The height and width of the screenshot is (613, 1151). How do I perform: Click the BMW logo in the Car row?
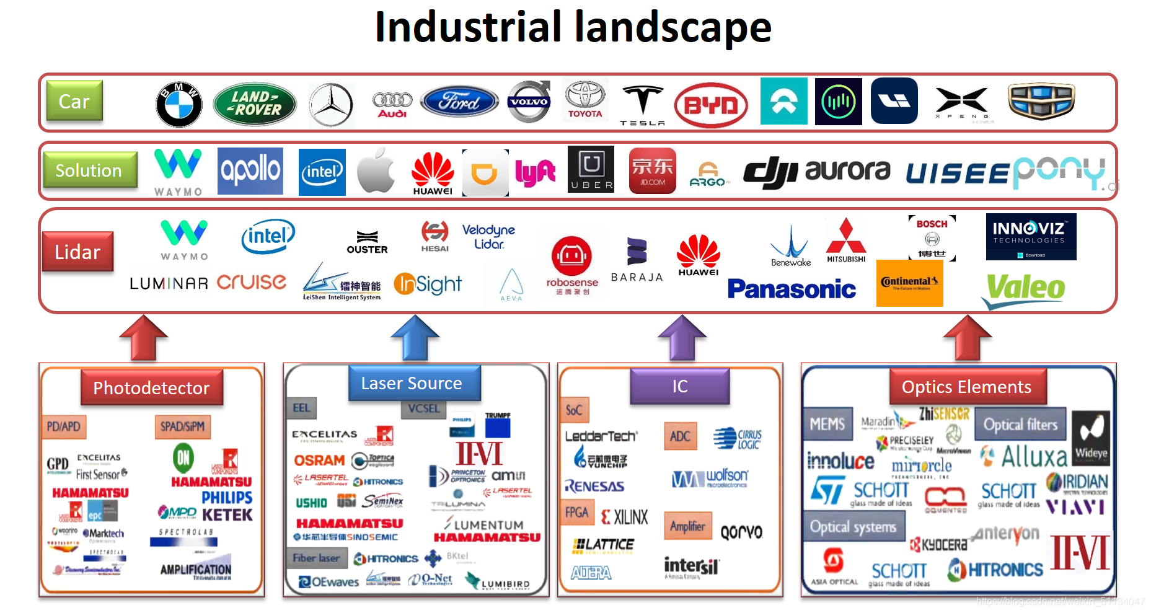tap(179, 104)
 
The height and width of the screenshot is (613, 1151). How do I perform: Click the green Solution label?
tap(90, 170)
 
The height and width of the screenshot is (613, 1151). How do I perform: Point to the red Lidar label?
tap(77, 252)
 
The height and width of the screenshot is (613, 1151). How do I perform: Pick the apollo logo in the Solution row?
tap(250, 170)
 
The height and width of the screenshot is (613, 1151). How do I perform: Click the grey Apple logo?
tap(376, 170)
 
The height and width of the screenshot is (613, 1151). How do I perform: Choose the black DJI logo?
tap(770, 172)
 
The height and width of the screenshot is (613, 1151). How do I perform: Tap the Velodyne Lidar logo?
tap(488, 236)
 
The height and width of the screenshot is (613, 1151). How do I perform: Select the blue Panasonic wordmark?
tap(792, 289)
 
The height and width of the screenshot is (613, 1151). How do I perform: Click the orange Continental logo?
tap(909, 283)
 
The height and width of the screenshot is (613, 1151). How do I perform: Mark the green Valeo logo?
tap(1025, 288)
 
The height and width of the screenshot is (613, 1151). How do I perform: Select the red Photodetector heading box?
tap(151, 387)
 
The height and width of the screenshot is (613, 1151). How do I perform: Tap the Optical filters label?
tap(1020, 425)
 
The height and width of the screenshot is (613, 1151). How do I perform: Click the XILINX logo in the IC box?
tap(625, 516)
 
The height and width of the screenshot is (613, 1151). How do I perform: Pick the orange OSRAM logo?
tap(319, 460)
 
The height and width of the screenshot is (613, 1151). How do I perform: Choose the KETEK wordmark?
tap(227, 514)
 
